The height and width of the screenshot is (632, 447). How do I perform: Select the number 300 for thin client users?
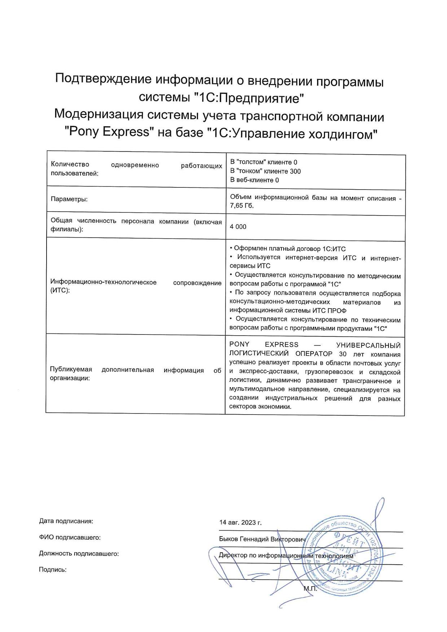[295, 171]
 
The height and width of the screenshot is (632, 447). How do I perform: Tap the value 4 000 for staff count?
[238, 227]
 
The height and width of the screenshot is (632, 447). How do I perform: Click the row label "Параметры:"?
[69, 199]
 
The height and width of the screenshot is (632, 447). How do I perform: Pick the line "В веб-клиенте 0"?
[254, 180]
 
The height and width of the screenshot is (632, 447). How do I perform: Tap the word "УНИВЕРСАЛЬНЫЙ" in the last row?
[368, 345]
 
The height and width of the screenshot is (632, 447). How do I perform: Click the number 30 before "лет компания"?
[342, 354]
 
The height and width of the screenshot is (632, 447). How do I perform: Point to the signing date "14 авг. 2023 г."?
[240, 522]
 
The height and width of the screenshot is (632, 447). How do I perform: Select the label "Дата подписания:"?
[66, 521]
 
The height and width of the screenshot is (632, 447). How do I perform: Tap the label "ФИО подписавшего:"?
[70, 538]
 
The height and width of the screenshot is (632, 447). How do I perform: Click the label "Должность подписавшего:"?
[79, 554]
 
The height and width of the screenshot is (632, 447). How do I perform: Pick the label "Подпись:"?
[53, 570]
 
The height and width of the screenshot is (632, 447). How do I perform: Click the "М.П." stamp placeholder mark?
[310, 589]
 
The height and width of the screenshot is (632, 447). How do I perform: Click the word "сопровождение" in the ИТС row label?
[197, 283]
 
